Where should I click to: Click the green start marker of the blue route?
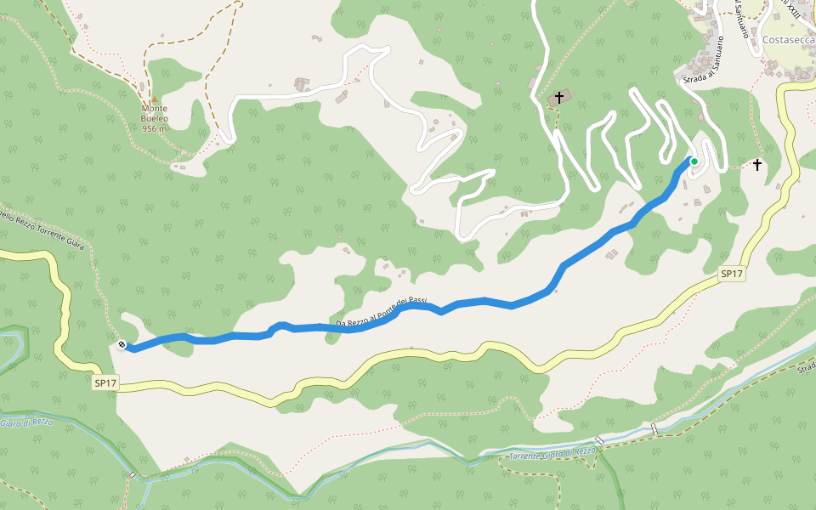tap(694, 161)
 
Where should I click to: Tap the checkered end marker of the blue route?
tap(122, 345)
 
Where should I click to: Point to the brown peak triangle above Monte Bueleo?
tap(154, 98)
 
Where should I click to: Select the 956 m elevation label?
tap(154, 128)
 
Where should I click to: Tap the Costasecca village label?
tap(788, 40)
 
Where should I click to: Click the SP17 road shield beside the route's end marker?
tap(105, 383)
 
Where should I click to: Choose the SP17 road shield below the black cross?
tap(732, 274)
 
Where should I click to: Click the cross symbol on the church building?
tap(559, 97)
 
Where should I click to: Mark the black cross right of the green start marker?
tap(756, 164)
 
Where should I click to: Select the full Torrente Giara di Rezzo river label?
tap(552, 455)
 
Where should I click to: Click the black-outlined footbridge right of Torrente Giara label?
tap(601, 440)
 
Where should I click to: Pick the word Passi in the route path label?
tap(416, 302)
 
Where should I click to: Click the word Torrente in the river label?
tap(529, 457)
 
